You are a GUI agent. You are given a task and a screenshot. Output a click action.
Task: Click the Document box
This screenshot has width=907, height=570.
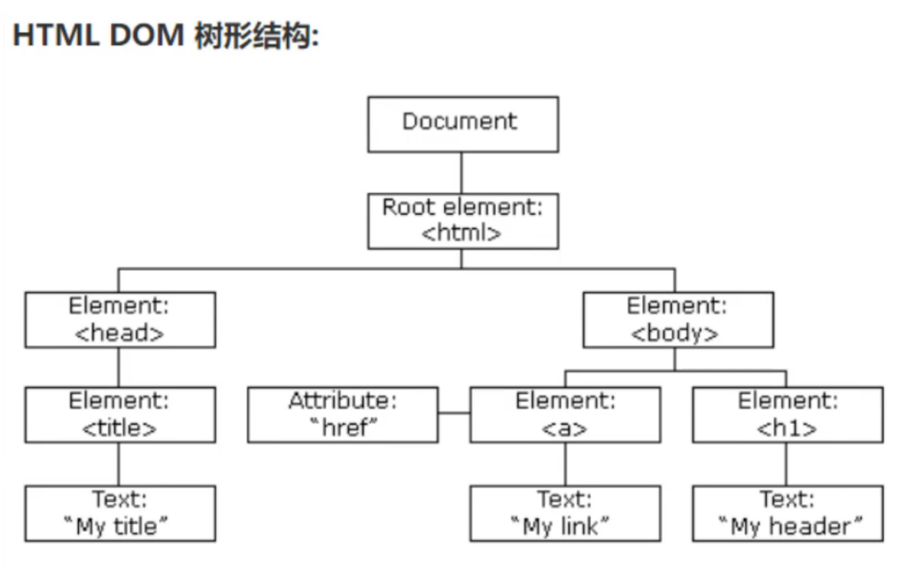(x=463, y=124)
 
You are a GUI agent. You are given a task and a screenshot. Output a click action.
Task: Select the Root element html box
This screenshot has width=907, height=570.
(x=463, y=220)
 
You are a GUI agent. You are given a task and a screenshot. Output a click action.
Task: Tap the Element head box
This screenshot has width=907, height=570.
(x=120, y=319)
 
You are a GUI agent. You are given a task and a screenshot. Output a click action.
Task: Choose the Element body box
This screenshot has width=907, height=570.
(x=678, y=319)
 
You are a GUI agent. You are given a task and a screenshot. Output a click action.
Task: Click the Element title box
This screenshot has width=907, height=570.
(x=120, y=414)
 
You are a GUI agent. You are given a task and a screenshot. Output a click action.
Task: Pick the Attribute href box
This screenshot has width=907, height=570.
(x=343, y=414)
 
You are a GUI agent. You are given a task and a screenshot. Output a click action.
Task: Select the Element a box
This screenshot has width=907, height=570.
(x=564, y=414)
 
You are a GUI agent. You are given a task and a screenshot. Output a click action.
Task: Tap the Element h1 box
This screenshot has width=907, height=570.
(x=787, y=414)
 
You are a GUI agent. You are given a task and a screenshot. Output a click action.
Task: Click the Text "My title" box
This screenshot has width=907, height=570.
(x=120, y=513)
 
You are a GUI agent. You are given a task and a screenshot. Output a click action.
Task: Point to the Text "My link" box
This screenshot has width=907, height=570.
(x=564, y=513)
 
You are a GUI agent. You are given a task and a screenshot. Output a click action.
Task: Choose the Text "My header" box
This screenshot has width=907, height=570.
(x=787, y=513)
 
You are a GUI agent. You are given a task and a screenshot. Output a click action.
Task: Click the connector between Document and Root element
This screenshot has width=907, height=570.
(x=461, y=173)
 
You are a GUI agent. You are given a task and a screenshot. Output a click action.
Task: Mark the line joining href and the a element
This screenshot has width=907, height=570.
(x=453, y=413)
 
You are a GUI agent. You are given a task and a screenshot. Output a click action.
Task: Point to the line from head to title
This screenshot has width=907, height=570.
(x=120, y=366)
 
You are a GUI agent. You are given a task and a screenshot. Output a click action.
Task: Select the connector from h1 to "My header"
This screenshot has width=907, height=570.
(x=786, y=464)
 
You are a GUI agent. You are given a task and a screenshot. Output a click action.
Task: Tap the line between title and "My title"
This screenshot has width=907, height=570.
(x=120, y=464)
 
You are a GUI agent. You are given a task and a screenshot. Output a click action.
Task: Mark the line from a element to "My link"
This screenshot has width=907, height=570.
(x=564, y=464)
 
